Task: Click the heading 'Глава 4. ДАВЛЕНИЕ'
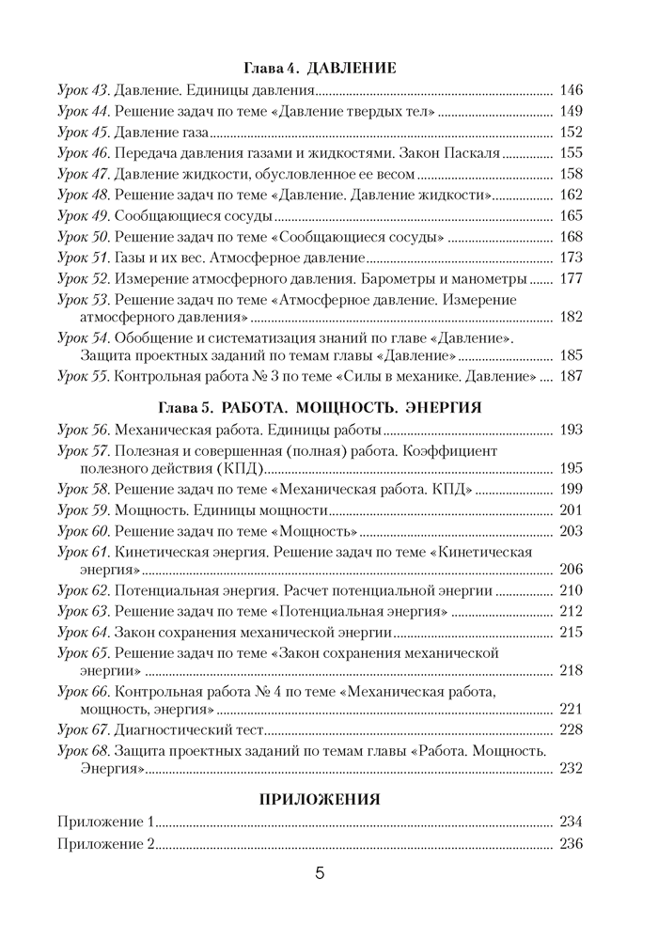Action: click(x=320, y=69)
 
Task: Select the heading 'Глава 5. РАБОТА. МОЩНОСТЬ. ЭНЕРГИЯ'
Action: click(x=320, y=408)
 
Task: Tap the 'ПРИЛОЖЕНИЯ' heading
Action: click(x=320, y=799)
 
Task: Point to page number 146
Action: click(x=571, y=91)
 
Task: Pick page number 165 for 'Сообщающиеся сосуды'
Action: click(x=571, y=216)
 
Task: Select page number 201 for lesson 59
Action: click(x=571, y=510)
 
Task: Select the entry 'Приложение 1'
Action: click(x=105, y=822)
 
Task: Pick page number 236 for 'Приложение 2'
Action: click(x=571, y=843)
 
